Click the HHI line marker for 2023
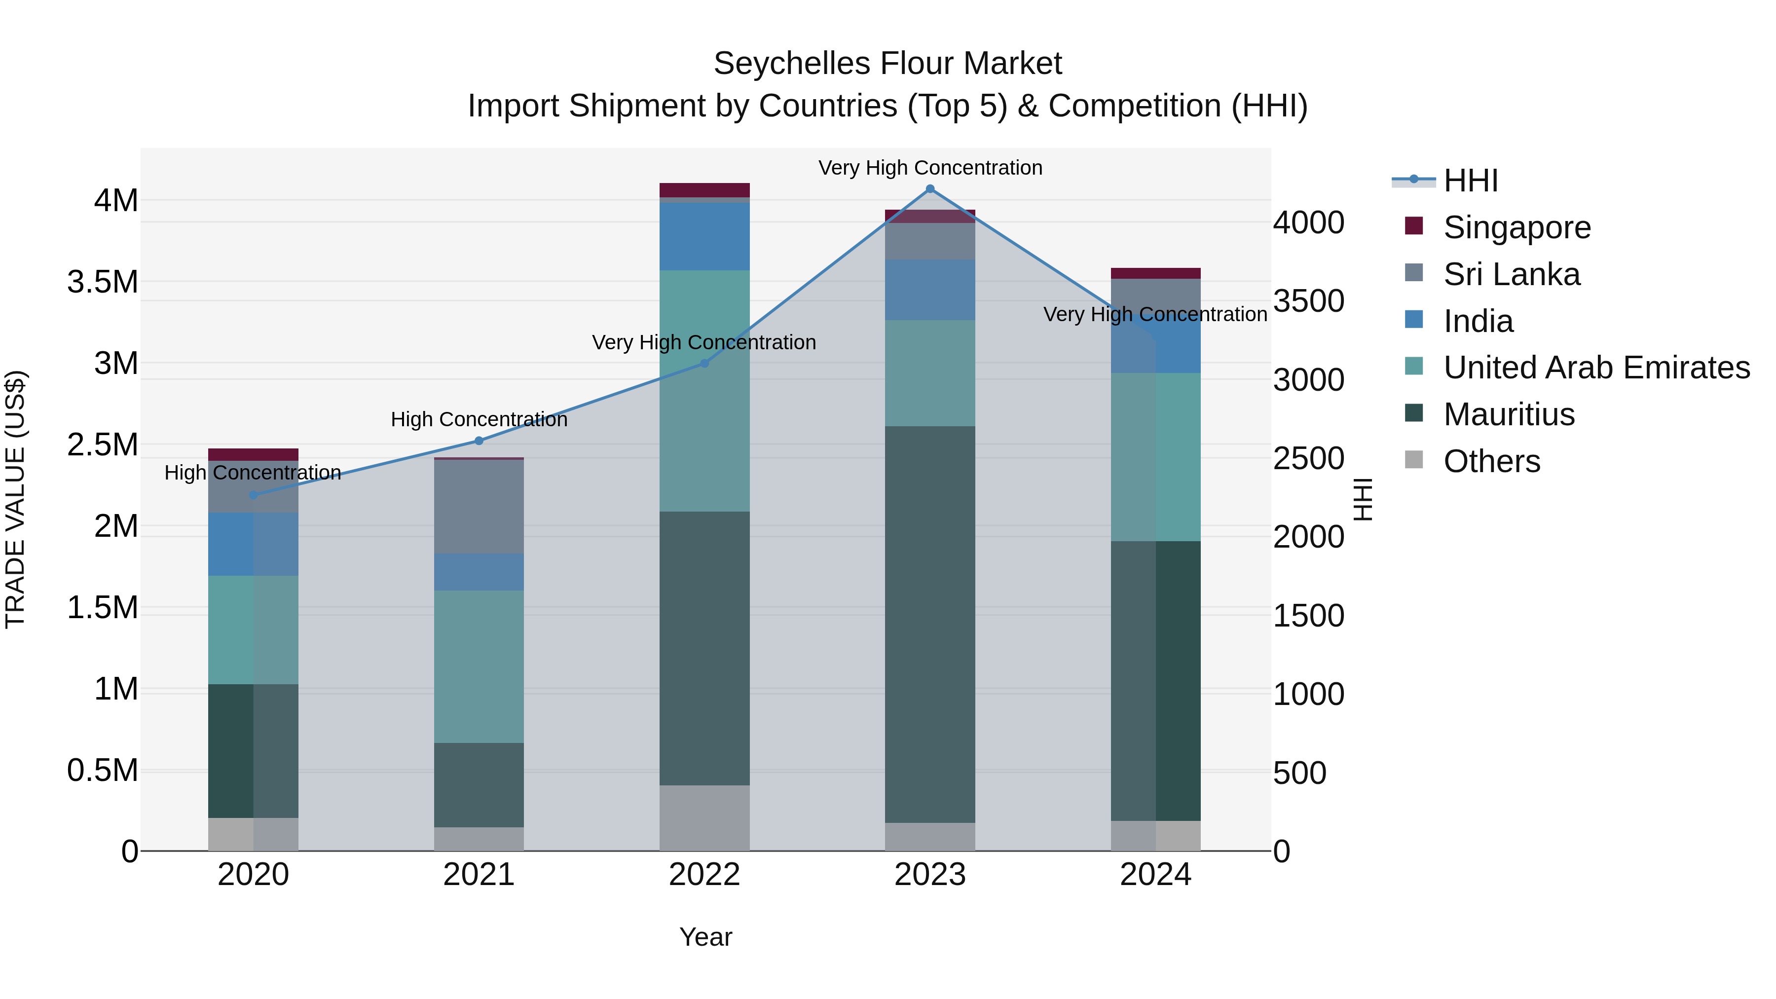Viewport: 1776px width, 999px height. [930, 189]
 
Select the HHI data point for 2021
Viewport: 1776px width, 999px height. [479, 441]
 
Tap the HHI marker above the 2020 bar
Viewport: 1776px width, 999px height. [253, 495]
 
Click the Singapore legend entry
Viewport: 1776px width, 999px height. [1517, 227]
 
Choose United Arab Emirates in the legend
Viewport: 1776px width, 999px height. [1596, 368]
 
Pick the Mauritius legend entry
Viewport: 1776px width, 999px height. [1509, 414]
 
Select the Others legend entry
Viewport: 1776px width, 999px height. [1491, 461]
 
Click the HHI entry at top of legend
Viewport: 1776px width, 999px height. [1470, 181]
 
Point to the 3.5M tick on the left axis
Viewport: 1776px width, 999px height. [103, 282]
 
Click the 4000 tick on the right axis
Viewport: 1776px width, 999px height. [1308, 222]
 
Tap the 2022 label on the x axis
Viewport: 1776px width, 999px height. [704, 875]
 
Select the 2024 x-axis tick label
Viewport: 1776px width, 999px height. [1155, 875]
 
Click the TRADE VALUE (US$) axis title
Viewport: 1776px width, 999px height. [15, 499]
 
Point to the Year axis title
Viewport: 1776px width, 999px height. [705, 937]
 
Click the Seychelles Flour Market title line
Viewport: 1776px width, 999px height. [888, 64]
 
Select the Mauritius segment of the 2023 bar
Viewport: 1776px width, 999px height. [930, 624]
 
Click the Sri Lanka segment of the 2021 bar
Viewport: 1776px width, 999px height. [479, 507]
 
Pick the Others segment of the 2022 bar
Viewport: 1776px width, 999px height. [704, 817]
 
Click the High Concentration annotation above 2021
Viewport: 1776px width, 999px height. [479, 419]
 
